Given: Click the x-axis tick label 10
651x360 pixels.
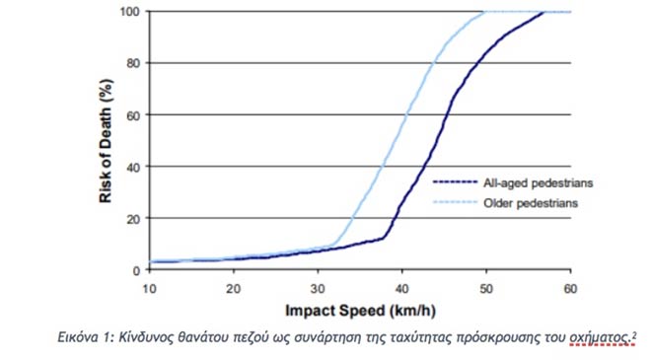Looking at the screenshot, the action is coord(149,289).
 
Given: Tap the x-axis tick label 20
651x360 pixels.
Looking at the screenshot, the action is coord(234,289).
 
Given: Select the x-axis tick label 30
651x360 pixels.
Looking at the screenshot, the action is coord(318,289).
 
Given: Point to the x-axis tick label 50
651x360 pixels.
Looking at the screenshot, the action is coord(486,289).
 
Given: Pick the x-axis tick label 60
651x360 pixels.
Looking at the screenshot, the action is coord(570,289).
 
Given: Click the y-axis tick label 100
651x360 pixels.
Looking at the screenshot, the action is coord(130,11).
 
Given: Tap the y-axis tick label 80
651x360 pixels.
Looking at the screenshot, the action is coord(134,63).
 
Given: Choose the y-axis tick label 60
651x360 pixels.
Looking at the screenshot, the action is coord(134,115).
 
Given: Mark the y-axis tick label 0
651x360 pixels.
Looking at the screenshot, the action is coord(137,270).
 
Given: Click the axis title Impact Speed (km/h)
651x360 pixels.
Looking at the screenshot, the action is coord(360,311).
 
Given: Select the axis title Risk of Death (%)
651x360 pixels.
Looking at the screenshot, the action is coord(106,141).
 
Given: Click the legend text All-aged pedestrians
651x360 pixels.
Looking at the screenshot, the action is coord(539,183).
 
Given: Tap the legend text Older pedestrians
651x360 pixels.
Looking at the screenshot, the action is coord(531,203).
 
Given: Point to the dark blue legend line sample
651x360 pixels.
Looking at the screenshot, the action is coord(455,181).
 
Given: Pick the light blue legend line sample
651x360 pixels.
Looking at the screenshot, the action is coord(455,202).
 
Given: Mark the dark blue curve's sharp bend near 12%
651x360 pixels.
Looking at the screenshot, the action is coord(384,238).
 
